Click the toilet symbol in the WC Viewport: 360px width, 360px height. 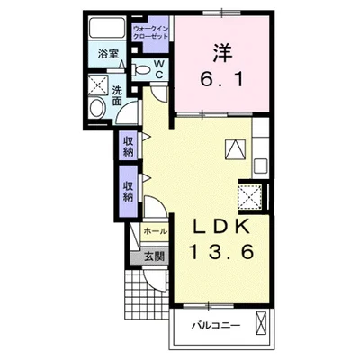click(x=141, y=70)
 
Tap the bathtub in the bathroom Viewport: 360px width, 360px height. click(x=107, y=28)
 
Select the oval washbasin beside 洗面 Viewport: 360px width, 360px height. click(x=96, y=108)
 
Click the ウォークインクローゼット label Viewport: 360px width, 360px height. click(x=151, y=32)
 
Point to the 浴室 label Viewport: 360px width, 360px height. click(x=109, y=54)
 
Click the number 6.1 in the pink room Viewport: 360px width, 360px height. click(x=222, y=80)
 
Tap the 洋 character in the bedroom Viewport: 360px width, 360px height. click(x=223, y=53)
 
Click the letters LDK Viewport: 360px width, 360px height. click(x=221, y=228)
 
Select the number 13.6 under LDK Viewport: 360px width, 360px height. click(x=221, y=252)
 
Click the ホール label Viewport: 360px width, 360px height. click(x=155, y=231)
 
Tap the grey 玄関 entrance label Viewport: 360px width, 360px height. click(x=154, y=256)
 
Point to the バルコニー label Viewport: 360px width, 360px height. click(x=217, y=325)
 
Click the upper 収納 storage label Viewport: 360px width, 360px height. click(x=128, y=146)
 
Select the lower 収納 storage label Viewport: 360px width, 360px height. click(x=128, y=192)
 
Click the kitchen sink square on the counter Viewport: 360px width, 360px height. click(x=259, y=166)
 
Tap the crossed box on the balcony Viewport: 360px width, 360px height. click(x=261, y=323)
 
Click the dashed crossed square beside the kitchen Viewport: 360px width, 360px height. click(x=249, y=197)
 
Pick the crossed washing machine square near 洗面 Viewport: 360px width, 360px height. click(x=98, y=85)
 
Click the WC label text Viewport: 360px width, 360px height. click(x=159, y=69)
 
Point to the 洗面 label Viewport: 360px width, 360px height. click(x=117, y=96)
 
